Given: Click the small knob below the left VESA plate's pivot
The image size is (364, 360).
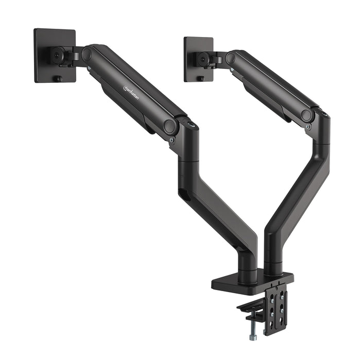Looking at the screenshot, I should pos(58,79).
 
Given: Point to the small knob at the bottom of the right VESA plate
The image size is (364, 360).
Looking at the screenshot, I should pos(202,78).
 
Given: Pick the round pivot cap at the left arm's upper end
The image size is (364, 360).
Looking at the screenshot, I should pos(86,53).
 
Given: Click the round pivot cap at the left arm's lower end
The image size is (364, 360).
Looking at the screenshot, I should pos(169,126).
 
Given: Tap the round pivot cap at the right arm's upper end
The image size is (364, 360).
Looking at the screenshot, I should pos(230,58).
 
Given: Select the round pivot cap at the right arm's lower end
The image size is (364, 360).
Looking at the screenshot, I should pos(307,116).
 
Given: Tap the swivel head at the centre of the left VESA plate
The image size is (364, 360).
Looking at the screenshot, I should pos(57,55).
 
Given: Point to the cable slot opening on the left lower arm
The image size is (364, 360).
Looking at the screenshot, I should pos(183,194).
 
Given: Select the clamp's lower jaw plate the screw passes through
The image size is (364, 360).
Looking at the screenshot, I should pos(249,309).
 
